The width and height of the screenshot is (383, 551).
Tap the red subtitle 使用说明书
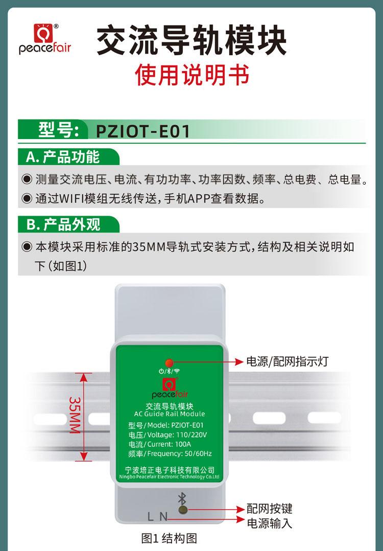click(192, 75)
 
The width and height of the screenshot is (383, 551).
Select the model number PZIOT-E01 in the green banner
click(142, 131)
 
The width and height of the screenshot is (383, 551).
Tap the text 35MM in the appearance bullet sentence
click(151, 247)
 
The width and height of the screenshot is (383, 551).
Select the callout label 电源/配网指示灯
click(287, 362)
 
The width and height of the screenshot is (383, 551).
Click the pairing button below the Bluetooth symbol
click(181, 509)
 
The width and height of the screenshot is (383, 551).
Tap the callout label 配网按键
click(269, 509)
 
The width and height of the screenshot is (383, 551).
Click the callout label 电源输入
click(269, 523)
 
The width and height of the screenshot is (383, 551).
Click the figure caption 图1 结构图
click(169, 538)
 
